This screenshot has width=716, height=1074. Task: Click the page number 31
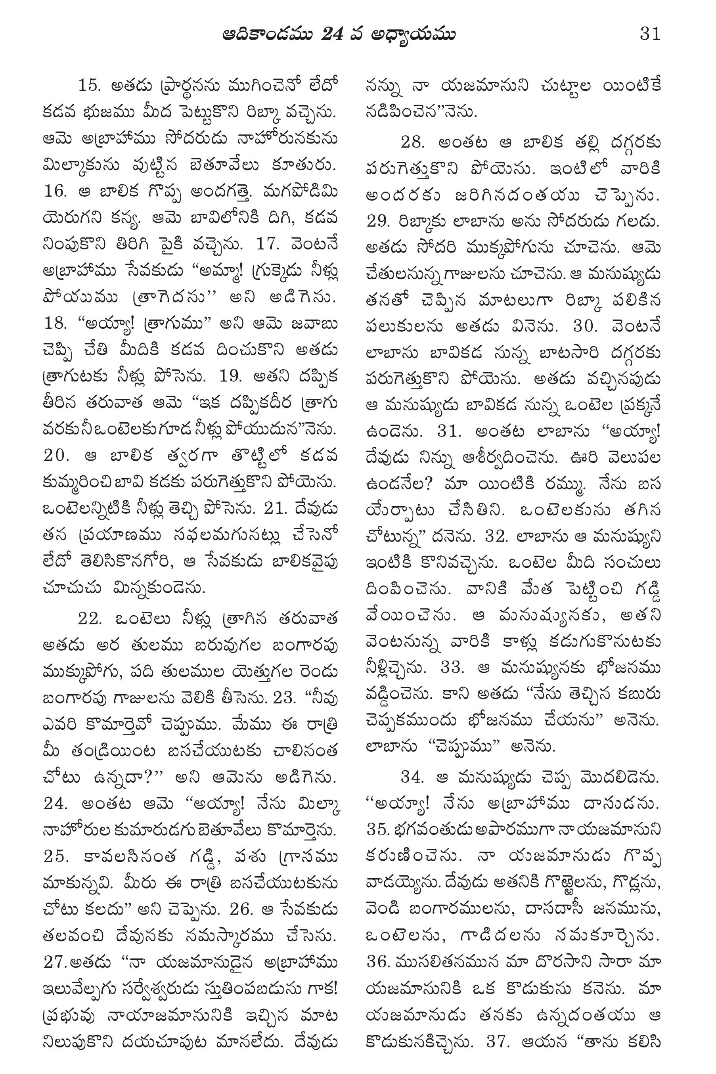tap(650, 34)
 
